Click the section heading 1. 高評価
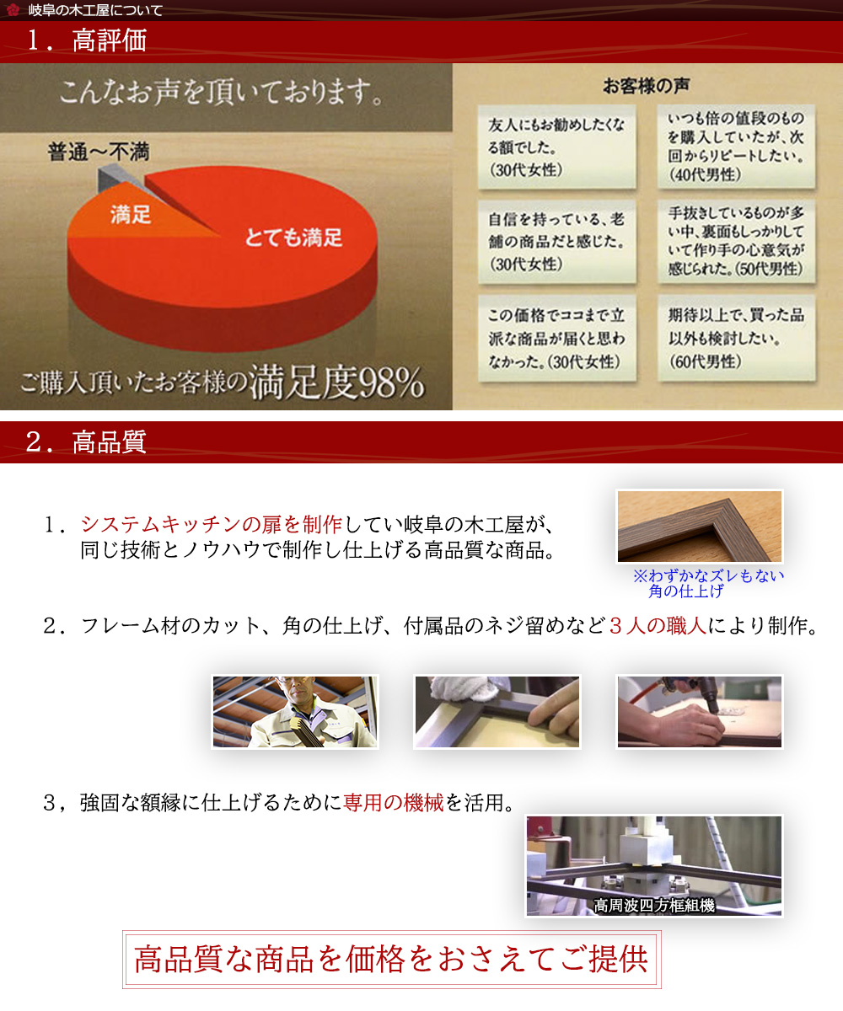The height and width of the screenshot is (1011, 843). tap(86, 40)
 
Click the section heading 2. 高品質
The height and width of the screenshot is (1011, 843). tap(86, 441)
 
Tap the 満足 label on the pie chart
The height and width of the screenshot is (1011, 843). tap(131, 214)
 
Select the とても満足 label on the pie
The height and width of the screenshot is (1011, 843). tap(293, 238)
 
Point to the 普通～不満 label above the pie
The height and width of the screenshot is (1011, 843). tap(99, 152)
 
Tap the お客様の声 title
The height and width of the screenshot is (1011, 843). tap(646, 86)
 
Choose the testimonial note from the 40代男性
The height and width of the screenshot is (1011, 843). tap(736, 147)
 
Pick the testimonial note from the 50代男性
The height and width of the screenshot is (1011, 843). tap(736, 241)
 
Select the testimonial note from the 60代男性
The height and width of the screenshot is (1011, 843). tap(736, 338)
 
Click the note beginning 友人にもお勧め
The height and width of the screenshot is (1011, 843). tap(556, 147)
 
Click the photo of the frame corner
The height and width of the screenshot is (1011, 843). tap(699, 527)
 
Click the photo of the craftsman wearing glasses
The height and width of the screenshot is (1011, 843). tap(294, 711)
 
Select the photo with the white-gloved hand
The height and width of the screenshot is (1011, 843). tap(497, 711)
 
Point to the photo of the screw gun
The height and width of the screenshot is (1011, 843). tap(699, 711)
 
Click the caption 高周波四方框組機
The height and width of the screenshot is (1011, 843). tap(654, 905)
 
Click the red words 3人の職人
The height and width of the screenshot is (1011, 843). tap(658, 626)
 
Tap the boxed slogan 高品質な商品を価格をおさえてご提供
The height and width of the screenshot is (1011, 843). tap(391, 960)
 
